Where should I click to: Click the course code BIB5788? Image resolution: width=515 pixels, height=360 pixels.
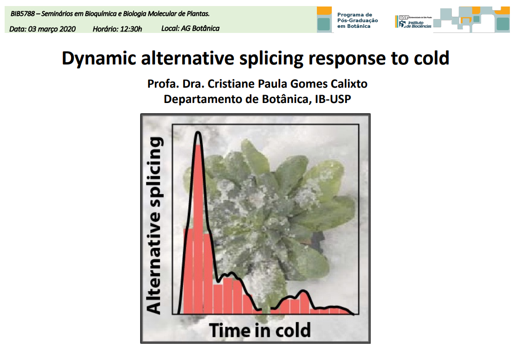pyautogui.click(x=22, y=14)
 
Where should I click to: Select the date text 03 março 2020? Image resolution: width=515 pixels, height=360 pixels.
pyautogui.click(x=52, y=29)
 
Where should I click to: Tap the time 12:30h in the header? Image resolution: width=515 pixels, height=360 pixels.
pyautogui.click(x=131, y=29)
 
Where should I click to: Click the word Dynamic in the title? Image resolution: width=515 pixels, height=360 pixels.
pyautogui.click(x=99, y=58)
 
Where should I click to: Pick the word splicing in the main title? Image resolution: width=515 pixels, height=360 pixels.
pyautogui.click(x=271, y=58)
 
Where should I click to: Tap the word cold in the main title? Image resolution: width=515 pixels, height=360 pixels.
pyautogui.click(x=431, y=58)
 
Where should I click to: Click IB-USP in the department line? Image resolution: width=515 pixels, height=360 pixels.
pyautogui.click(x=333, y=99)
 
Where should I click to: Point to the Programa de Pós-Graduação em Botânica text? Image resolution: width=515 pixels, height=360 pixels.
pyautogui.click(x=357, y=20)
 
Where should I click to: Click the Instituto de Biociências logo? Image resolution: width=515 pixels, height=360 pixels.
pyautogui.click(x=413, y=22)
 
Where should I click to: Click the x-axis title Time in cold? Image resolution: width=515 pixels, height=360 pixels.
pyautogui.click(x=260, y=330)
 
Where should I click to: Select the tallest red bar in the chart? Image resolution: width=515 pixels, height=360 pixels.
pyautogui.click(x=199, y=229)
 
